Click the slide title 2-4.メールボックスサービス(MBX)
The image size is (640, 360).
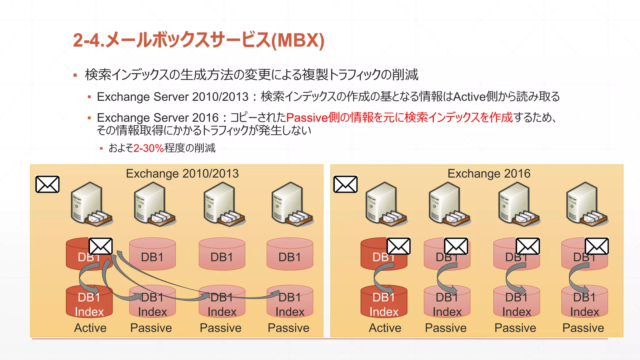[199, 40]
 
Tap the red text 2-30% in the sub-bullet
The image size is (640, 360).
[148, 148]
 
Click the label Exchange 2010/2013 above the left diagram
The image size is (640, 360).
[182, 173]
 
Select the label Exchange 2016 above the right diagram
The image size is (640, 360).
[489, 173]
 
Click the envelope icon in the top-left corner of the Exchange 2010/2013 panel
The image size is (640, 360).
[47, 184]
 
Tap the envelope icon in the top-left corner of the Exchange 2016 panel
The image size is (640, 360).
[345, 184]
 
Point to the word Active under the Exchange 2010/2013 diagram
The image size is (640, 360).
[90, 328]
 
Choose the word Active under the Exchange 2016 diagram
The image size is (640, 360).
[385, 328]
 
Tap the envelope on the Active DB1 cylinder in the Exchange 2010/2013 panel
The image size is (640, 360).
[101, 246]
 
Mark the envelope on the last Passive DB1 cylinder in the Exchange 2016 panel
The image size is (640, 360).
[597, 246]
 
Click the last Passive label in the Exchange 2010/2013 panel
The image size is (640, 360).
[288, 328]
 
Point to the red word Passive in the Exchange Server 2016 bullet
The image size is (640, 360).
[307, 118]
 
